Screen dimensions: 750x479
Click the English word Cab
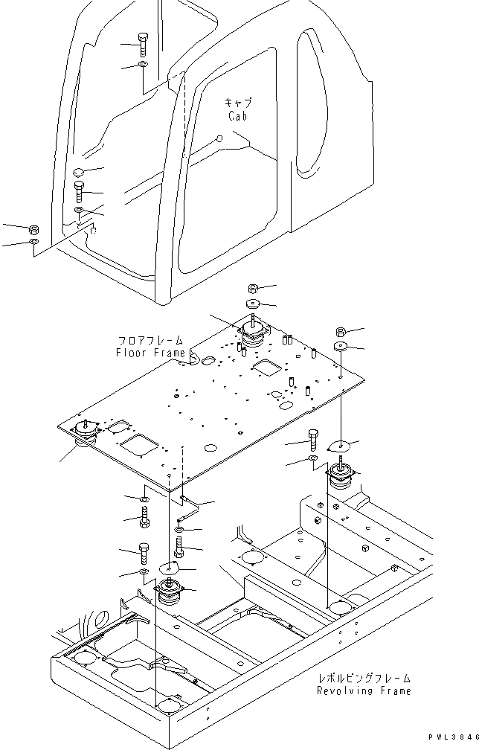click(238, 116)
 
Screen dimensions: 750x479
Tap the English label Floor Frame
click(150, 353)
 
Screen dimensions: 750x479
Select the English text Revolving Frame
click(363, 690)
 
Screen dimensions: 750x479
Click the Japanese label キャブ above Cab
click(238, 103)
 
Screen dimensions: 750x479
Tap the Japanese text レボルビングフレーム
click(363, 679)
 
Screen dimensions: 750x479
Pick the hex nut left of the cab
click(34, 228)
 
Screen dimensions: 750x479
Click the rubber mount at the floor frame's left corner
click(88, 433)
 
